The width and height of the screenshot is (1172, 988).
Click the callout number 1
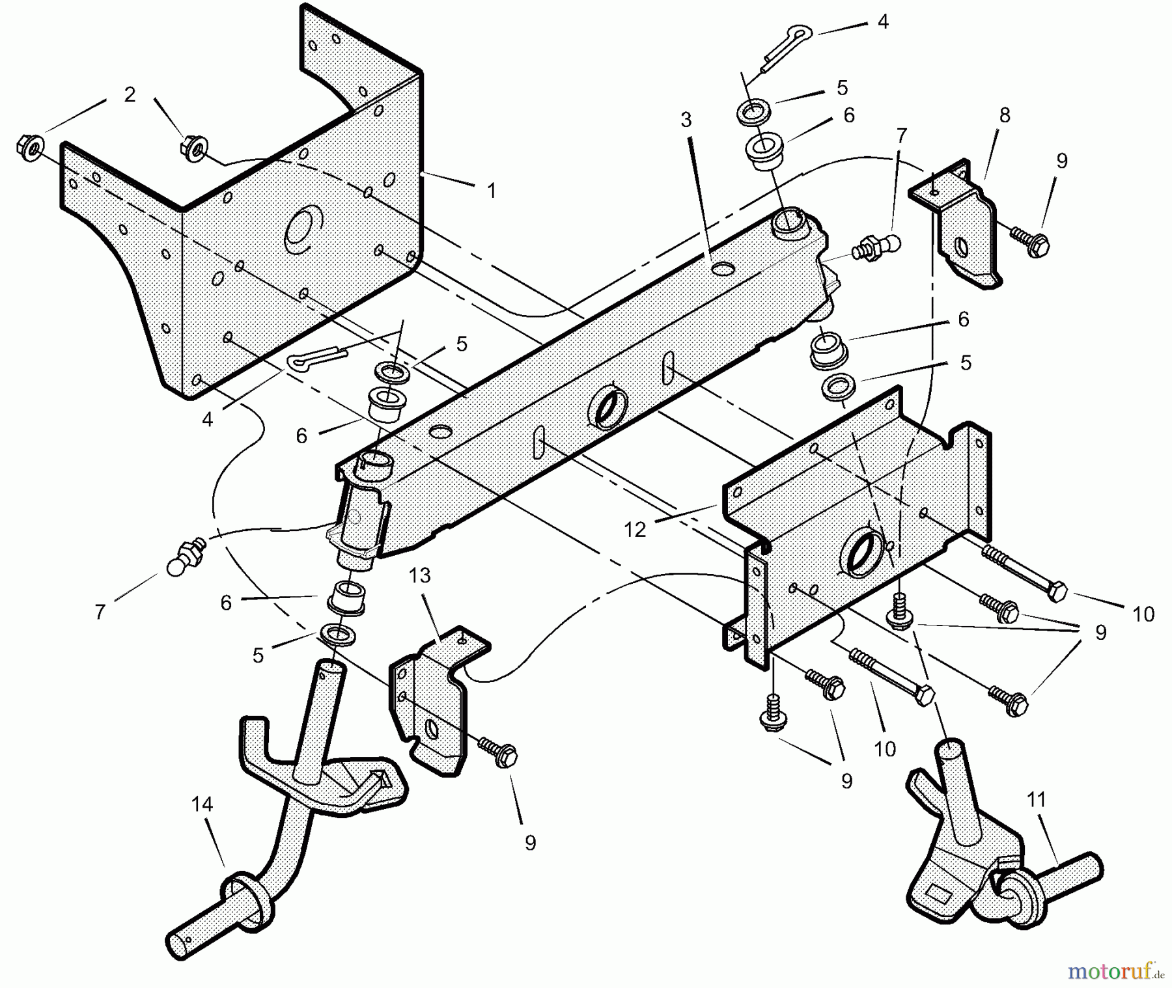[492, 191]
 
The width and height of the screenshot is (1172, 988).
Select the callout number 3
[686, 120]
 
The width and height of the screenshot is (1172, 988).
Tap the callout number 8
[1005, 115]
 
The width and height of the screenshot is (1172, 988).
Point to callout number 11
[1036, 800]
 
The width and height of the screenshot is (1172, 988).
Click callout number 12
[635, 530]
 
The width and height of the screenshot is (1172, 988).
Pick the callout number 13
[420, 575]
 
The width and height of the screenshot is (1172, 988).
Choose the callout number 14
[202, 804]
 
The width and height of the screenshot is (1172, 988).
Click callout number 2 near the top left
[130, 95]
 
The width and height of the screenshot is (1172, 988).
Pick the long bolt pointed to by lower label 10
[892, 677]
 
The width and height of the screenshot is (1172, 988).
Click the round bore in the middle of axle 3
[608, 409]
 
